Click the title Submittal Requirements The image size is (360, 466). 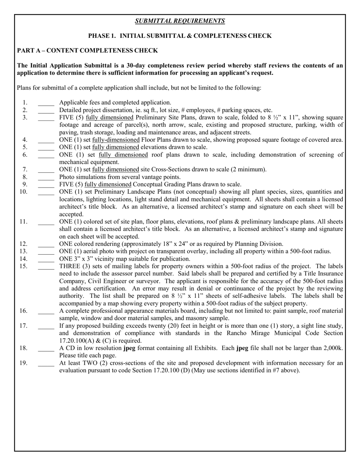[x=180, y=21]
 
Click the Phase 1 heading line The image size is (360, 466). [x=180, y=36]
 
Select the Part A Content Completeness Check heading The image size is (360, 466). [x=88, y=50]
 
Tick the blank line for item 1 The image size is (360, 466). [x=46, y=103]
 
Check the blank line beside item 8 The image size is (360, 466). [x=46, y=177]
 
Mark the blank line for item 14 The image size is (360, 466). [x=46, y=259]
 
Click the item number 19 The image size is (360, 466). [x=23, y=363]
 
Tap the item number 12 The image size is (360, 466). [x=23, y=244]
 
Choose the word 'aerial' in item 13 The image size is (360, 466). [x=95, y=252]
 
